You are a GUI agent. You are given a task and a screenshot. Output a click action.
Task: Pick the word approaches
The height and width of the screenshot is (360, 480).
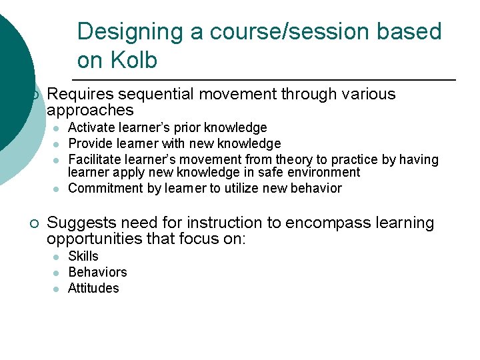click(90, 110)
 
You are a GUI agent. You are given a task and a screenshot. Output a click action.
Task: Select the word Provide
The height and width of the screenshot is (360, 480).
click(90, 143)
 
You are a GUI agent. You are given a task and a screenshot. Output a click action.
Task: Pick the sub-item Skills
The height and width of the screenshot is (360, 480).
click(83, 256)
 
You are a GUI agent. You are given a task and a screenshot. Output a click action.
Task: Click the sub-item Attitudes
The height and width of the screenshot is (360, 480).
click(93, 288)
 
